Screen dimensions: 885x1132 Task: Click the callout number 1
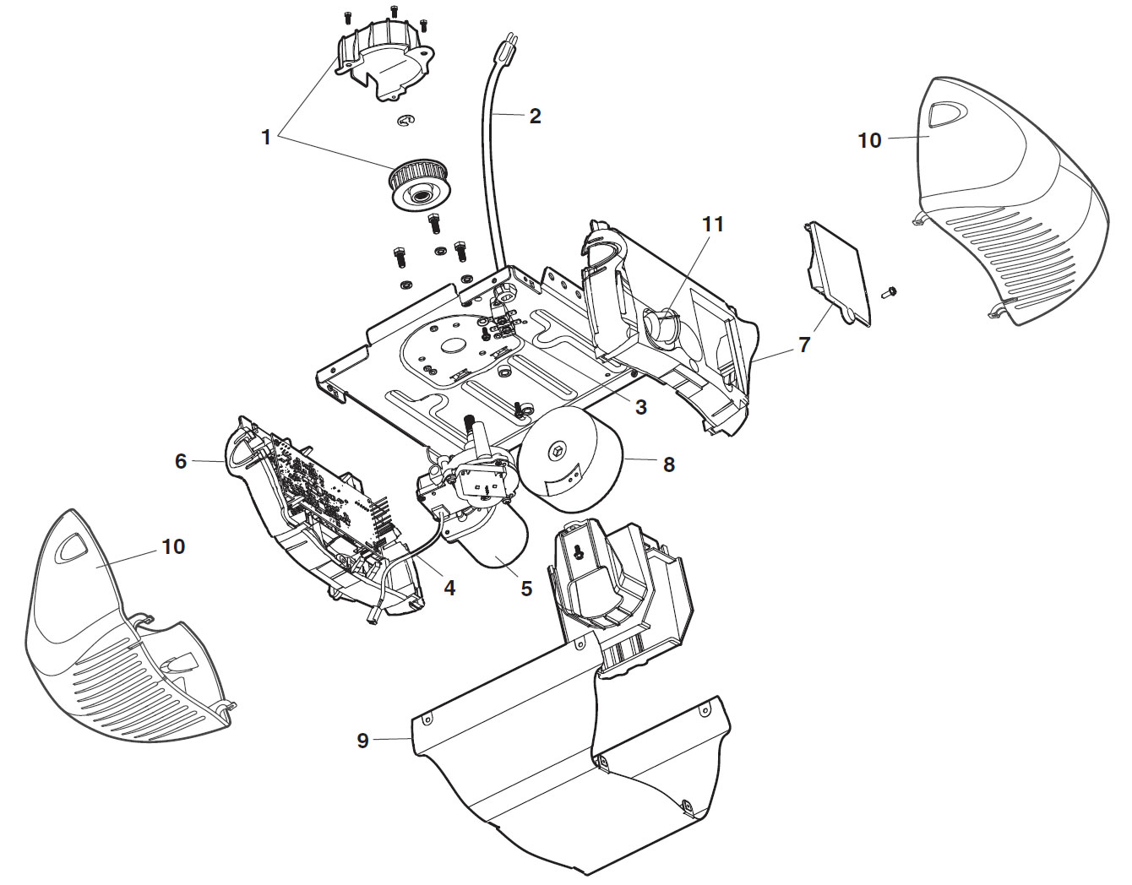coord(266,137)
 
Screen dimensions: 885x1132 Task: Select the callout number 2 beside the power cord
coord(535,117)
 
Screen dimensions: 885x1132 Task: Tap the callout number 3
coord(640,407)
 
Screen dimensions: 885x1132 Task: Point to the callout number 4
coord(449,587)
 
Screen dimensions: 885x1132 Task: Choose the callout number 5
coord(526,589)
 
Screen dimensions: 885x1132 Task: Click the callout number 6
coord(181,461)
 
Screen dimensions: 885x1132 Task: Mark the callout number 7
coord(804,345)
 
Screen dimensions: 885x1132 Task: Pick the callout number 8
coord(669,464)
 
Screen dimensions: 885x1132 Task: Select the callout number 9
coord(363,741)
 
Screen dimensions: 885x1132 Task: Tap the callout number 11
coord(713,224)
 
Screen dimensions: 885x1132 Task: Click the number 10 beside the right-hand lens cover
coord(869,140)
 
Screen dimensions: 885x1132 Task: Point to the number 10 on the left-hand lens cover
coord(172,546)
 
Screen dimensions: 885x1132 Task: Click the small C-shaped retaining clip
coord(406,122)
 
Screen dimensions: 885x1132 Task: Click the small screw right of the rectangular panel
coord(889,293)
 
